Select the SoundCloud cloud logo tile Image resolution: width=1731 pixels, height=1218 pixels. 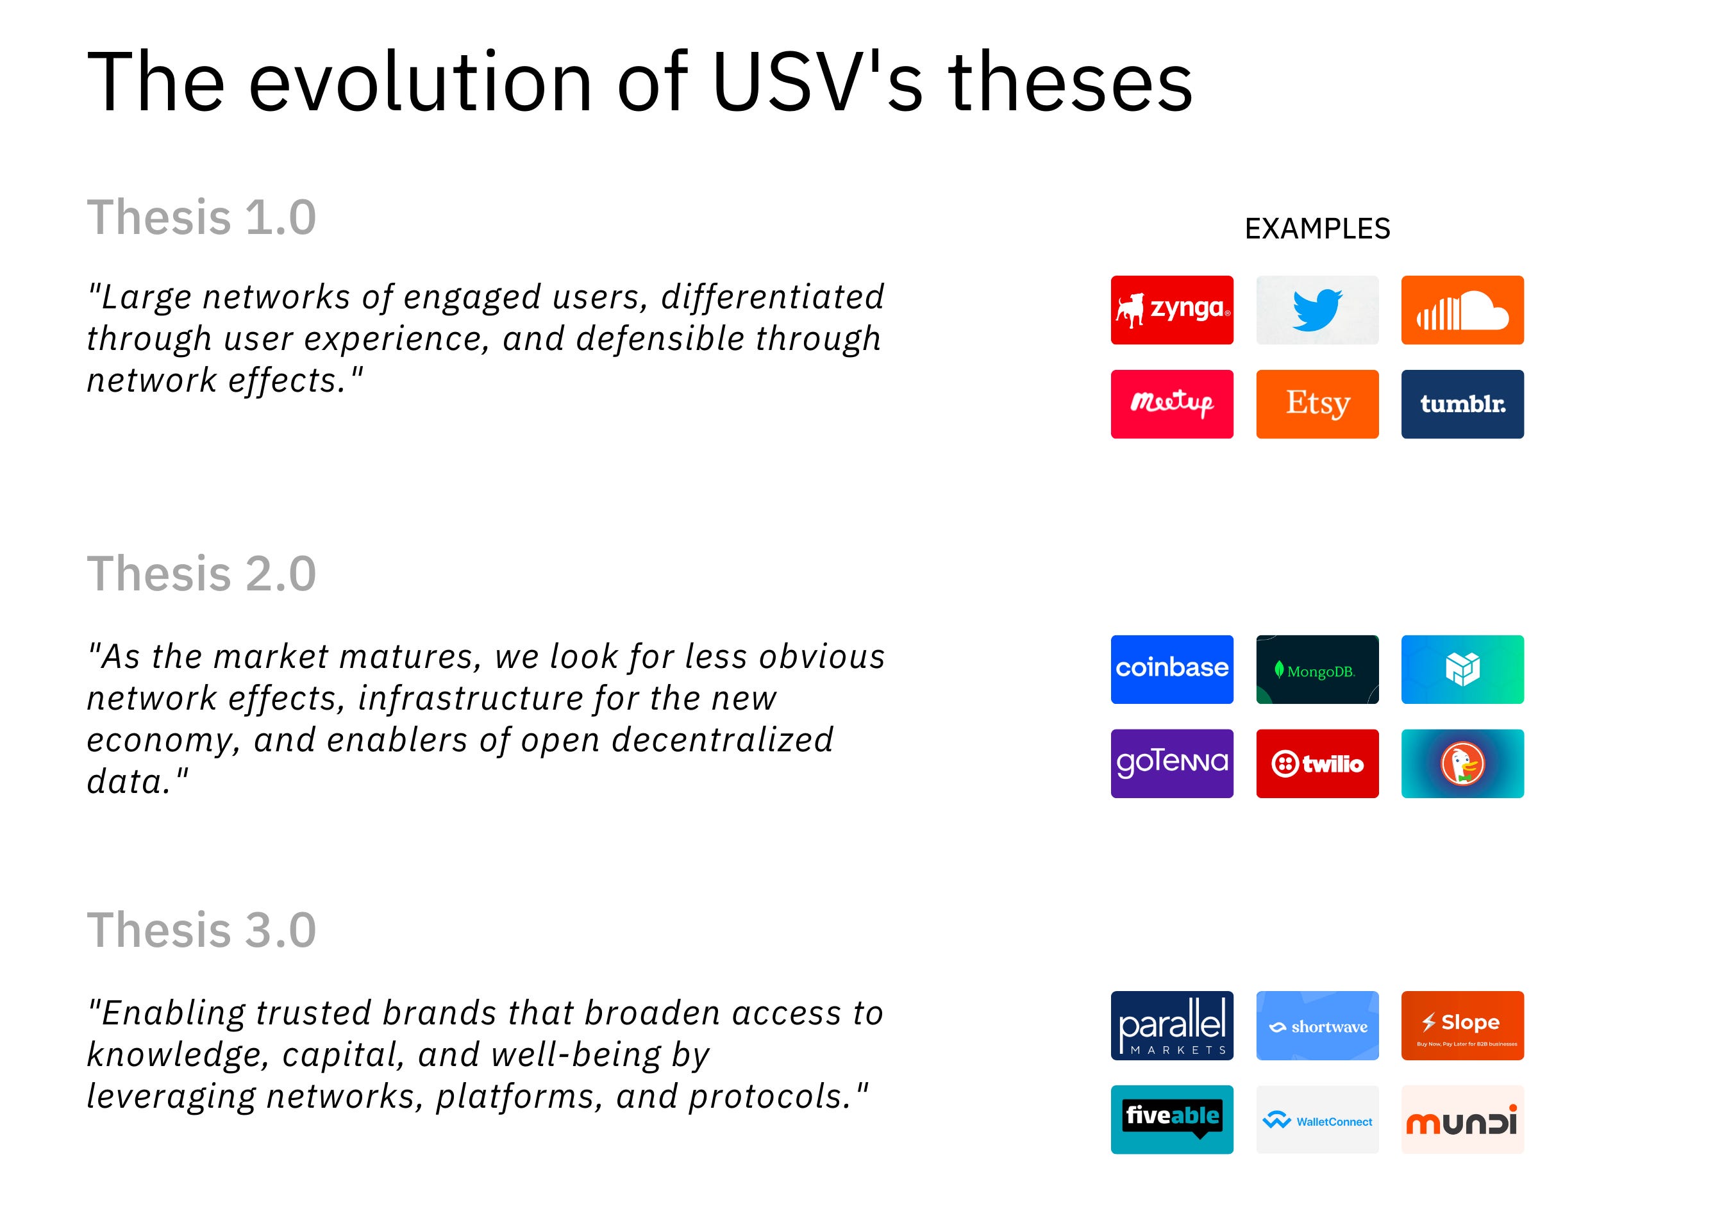[1462, 310]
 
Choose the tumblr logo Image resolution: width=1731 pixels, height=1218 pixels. [1462, 404]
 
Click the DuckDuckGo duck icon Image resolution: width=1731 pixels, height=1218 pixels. [1462, 763]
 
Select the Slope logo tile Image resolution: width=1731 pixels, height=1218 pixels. [1462, 1025]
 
